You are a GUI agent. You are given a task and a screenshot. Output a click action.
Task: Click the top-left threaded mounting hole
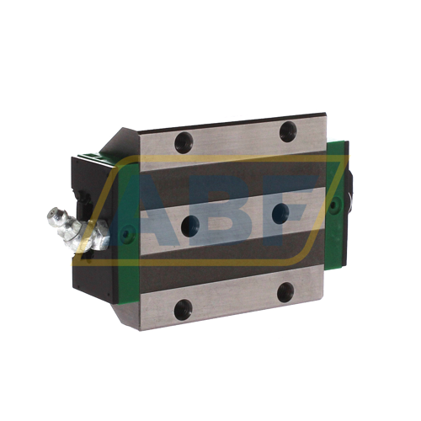184,142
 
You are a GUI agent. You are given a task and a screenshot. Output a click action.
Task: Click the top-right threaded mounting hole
288,131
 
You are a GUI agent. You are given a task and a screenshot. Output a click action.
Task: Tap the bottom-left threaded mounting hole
183,310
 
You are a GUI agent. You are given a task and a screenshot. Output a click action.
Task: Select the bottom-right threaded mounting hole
285,292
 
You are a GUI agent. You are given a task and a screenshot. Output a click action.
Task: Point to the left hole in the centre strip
190,226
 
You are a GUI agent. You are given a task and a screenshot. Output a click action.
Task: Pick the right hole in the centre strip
280,213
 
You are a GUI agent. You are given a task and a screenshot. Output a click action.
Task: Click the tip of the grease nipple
52,216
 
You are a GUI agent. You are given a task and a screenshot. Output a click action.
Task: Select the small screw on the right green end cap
333,205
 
